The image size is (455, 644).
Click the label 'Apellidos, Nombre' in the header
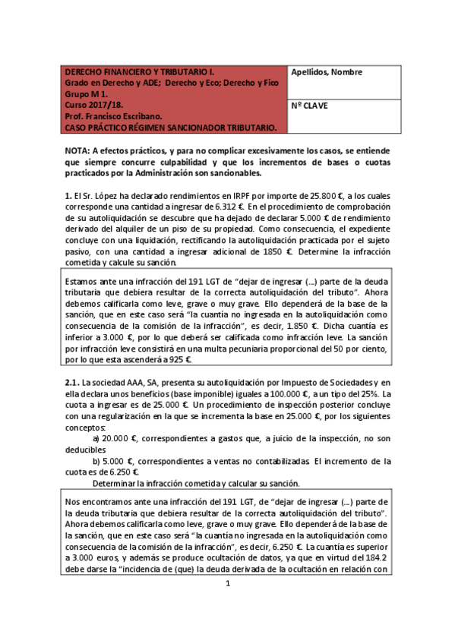327,73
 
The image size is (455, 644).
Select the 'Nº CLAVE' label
309,106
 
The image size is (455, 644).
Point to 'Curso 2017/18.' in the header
92,106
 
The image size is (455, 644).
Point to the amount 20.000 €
123,440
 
